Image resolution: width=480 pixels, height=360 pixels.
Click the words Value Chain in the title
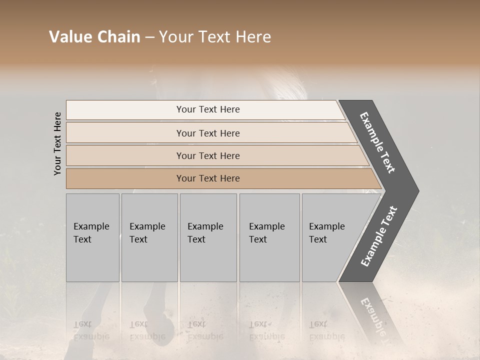point(94,37)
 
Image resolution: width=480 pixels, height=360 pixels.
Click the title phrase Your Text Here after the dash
point(215,37)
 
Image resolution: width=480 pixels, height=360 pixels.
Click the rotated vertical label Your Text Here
point(57,143)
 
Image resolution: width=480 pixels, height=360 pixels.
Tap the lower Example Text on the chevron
point(379,236)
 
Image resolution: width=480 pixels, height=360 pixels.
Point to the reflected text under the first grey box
point(91,330)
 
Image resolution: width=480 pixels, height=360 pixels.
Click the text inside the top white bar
point(208,109)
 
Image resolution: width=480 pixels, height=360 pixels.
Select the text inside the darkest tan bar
point(208,178)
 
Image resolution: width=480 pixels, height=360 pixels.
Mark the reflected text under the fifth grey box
point(326,330)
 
